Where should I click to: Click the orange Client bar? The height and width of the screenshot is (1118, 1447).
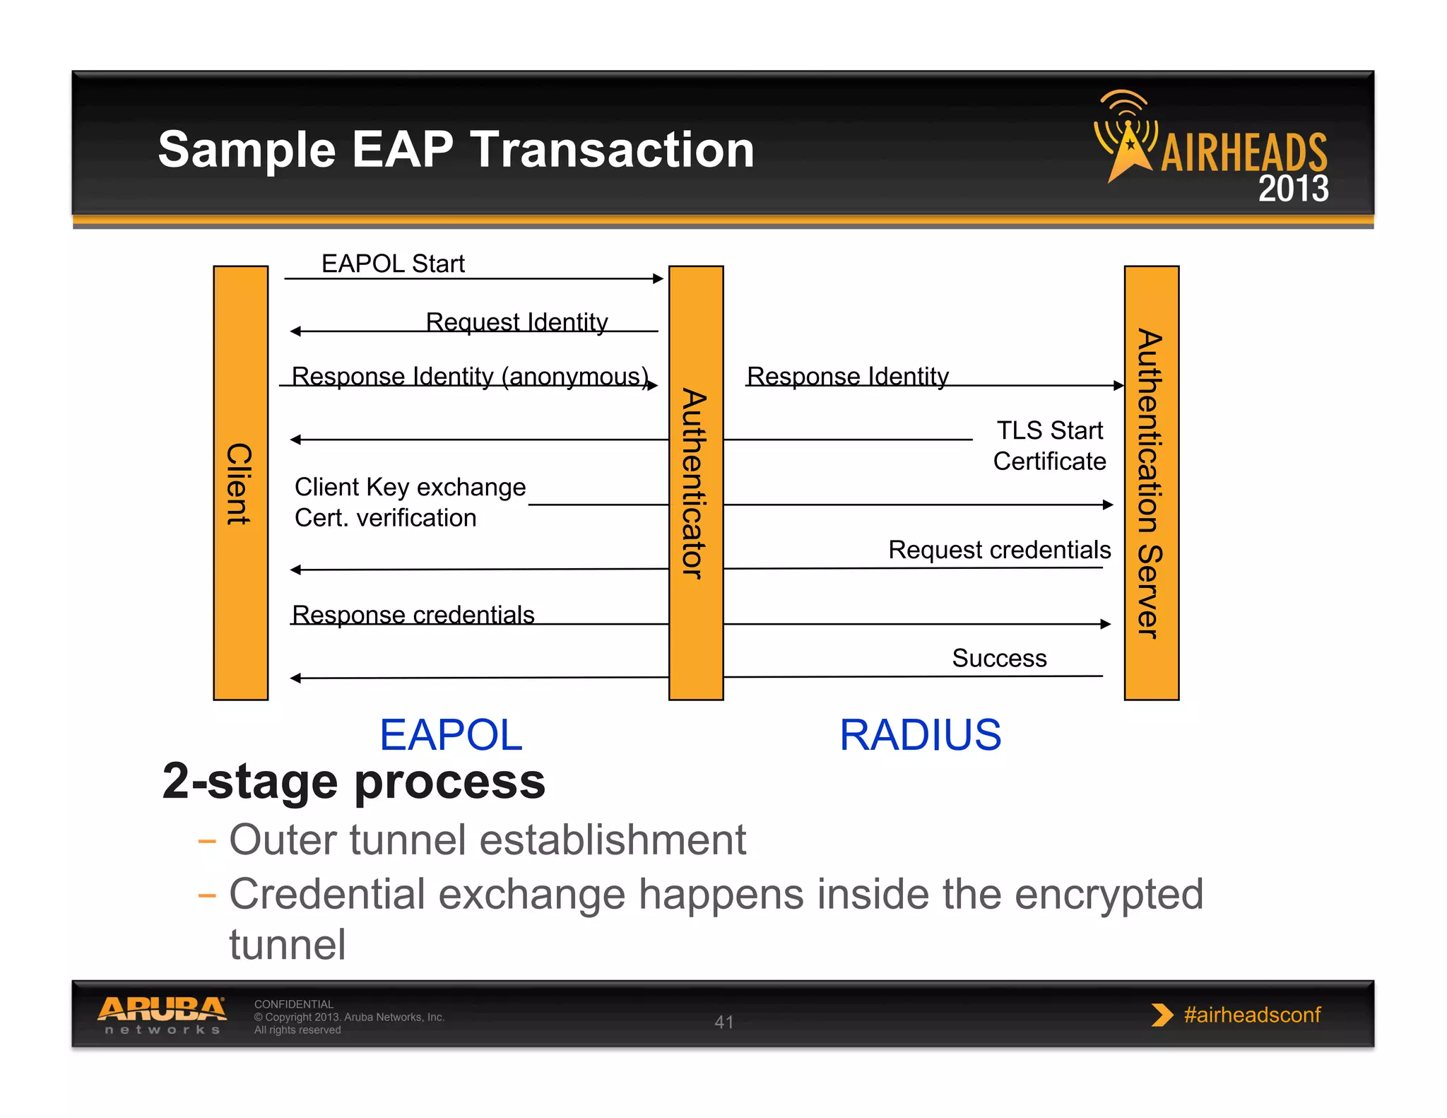(x=240, y=483)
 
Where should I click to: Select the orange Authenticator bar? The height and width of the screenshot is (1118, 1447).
(x=695, y=483)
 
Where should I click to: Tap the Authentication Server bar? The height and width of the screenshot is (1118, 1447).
(x=1151, y=483)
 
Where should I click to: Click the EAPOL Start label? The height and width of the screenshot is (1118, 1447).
(x=393, y=264)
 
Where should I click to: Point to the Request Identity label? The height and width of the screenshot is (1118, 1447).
(x=516, y=322)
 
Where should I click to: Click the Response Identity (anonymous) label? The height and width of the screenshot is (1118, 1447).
(x=470, y=376)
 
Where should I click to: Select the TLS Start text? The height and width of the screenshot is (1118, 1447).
(x=1049, y=430)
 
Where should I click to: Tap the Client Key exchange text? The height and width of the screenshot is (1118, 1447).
(x=410, y=487)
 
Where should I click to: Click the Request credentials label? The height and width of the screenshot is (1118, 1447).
(x=999, y=549)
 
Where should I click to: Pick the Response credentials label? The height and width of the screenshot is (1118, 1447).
(x=413, y=614)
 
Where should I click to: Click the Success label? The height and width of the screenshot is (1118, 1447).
(x=999, y=658)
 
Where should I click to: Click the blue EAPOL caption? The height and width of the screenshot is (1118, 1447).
(x=451, y=735)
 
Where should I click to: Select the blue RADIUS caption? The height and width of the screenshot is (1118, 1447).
(x=920, y=735)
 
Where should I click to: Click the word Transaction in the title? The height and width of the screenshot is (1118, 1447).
(x=613, y=150)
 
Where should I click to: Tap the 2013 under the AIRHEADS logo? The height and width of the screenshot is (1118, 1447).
(x=1293, y=189)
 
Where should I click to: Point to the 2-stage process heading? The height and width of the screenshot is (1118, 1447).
(x=353, y=782)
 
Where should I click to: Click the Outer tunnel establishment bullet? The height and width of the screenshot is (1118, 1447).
(x=488, y=840)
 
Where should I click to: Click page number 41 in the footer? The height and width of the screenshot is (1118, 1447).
(x=723, y=1022)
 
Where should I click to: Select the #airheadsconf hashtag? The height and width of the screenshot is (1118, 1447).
(x=1251, y=1015)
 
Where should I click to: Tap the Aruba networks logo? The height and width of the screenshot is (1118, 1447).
(x=163, y=1016)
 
